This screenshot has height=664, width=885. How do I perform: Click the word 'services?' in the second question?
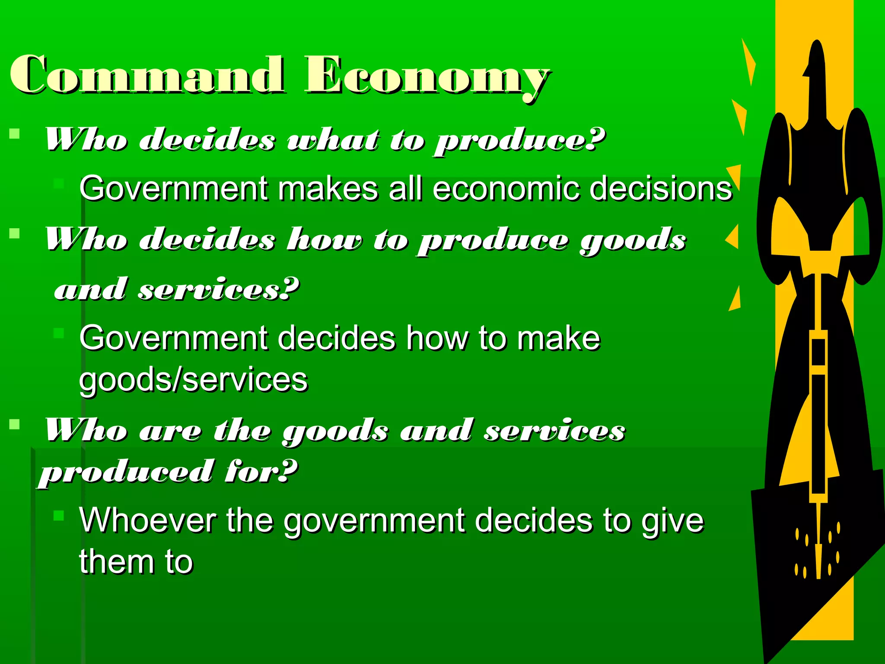coord(219,289)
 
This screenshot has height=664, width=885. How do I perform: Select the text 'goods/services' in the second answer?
coord(193,380)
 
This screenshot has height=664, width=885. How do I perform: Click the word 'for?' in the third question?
coord(261,471)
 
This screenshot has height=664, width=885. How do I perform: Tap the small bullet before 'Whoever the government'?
coord(59,515)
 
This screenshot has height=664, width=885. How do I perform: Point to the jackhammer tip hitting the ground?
coord(818,566)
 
